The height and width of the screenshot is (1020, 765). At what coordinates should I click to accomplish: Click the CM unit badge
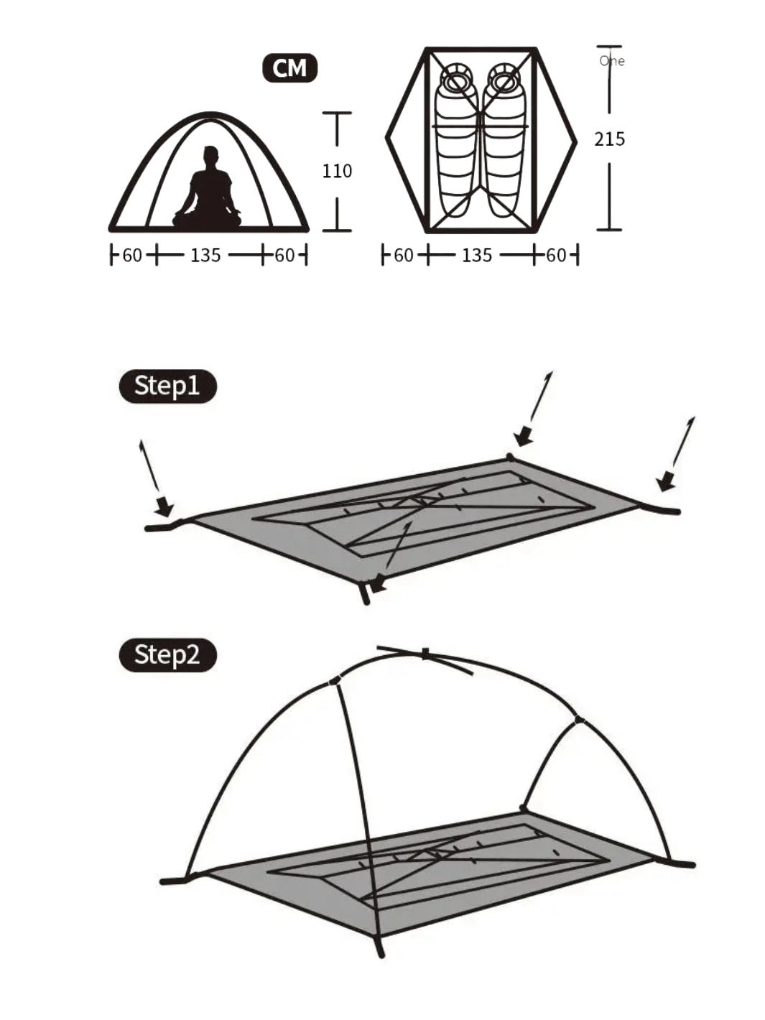[289, 68]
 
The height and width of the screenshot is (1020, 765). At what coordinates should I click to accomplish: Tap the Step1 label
[167, 386]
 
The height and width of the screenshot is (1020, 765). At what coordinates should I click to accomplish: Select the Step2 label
[167, 655]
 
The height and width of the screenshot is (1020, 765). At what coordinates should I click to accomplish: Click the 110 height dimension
[337, 171]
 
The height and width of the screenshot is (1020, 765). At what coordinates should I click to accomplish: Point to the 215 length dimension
[609, 139]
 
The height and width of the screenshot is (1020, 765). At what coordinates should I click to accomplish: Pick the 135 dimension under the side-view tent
[205, 255]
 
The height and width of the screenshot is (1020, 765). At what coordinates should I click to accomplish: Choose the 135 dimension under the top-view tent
[476, 255]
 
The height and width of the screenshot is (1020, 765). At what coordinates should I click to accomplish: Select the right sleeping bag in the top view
[504, 139]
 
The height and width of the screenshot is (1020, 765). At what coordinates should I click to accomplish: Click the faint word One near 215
[612, 61]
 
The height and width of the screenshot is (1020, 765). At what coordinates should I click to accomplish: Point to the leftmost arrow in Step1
[155, 478]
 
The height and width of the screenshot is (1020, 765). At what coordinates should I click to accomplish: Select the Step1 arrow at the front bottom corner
[392, 556]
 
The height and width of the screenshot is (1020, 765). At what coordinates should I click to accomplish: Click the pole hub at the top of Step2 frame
[425, 654]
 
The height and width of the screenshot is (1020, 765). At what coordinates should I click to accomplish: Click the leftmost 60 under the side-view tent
[132, 255]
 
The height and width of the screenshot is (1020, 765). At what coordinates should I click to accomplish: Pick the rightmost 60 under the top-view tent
[555, 255]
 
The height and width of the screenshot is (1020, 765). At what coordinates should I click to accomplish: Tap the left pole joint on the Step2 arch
[335, 682]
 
